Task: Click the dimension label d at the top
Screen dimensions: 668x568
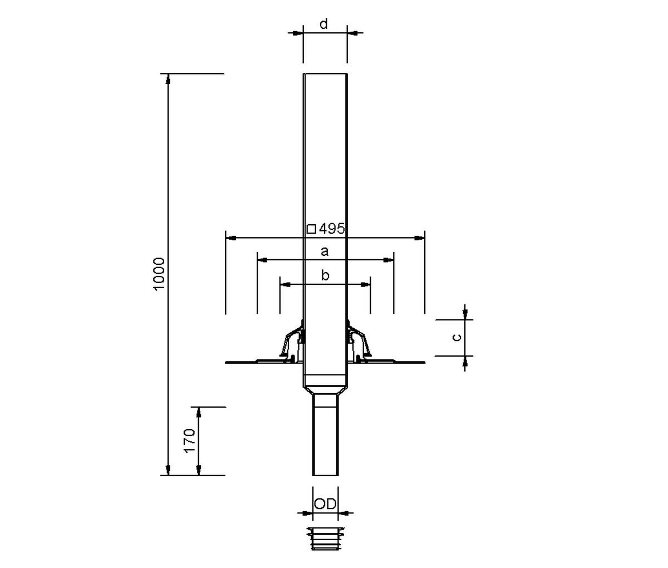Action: click(323, 24)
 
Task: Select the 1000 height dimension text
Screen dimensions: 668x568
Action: click(159, 274)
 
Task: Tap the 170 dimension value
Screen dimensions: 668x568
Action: click(190, 441)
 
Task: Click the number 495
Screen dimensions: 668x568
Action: click(332, 229)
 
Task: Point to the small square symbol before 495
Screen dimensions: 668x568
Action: click(311, 229)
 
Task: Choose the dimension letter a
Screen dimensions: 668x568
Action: click(325, 251)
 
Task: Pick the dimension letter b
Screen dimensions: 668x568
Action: click(325, 275)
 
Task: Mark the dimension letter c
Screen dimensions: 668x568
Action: click(456, 338)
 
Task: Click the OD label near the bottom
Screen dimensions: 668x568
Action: click(326, 503)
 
